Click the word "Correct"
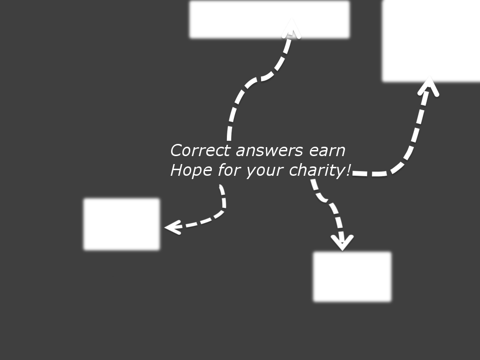tap(201, 151)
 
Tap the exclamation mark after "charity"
tap(348, 170)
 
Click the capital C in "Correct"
tap(176, 151)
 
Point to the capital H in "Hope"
tap(176, 170)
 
